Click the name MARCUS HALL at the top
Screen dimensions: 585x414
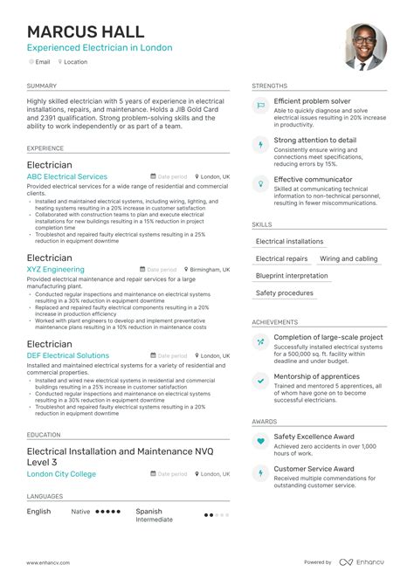click(85, 32)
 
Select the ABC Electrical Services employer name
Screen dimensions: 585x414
click(67, 176)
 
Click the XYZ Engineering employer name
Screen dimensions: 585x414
click(56, 270)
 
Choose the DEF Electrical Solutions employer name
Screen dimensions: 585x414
click(68, 355)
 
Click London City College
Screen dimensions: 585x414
click(61, 473)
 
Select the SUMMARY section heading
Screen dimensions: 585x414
click(41, 86)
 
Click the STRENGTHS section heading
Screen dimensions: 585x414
click(269, 86)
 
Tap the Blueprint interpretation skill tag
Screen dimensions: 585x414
click(292, 276)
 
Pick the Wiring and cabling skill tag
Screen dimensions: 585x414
click(348, 258)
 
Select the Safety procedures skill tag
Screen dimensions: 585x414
click(284, 293)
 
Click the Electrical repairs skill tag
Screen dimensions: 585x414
click(281, 258)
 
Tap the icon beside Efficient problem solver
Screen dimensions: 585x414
click(259, 106)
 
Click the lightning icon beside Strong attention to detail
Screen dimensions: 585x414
click(259, 144)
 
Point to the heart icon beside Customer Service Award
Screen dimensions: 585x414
click(259, 472)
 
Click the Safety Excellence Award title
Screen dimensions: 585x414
click(314, 436)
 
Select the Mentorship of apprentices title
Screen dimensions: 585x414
click(316, 376)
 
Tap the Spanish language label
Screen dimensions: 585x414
click(148, 511)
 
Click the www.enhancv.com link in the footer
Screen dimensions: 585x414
click(49, 562)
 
